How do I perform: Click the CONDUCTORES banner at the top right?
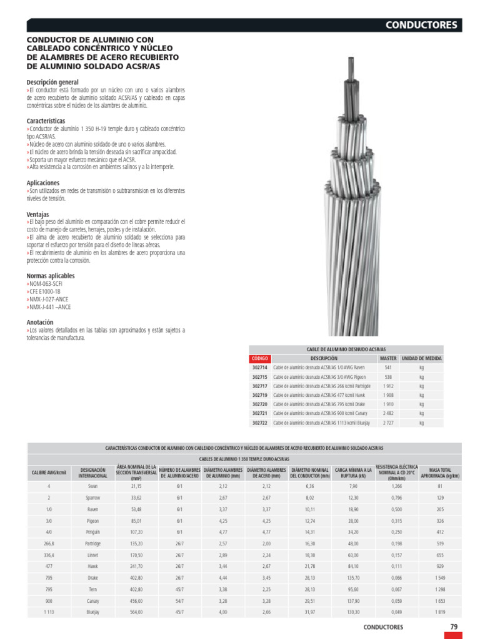click(x=422, y=26)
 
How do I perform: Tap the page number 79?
click(x=454, y=627)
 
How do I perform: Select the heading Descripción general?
click(x=52, y=82)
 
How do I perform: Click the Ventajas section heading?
click(x=37, y=214)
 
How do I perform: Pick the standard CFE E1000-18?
click(x=44, y=291)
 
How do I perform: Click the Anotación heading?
click(x=40, y=322)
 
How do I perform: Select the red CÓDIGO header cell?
click(x=259, y=359)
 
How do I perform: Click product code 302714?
click(x=259, y=368)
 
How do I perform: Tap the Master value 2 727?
click(x=387, y=422)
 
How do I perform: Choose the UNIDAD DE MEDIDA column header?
click(x=421, y=359)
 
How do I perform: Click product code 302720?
click(x=259, y=404)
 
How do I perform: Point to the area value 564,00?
click(x=136, y=612)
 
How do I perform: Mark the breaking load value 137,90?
click(x=353, y=601)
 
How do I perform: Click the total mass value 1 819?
click(x=439, y=612)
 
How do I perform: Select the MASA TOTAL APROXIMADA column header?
click(x=440, y=472)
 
